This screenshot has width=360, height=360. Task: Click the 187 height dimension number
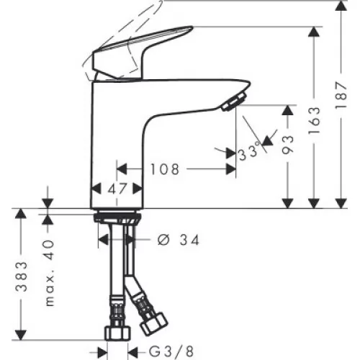[x=341, y=95]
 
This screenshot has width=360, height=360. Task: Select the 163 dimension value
[x=314, y=120]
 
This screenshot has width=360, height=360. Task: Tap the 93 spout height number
[x=288, y=145]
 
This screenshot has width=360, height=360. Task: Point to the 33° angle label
[x=249, y=152]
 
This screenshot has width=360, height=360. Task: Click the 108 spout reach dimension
[x=165, y=169]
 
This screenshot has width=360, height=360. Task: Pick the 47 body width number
[x=117, y=189]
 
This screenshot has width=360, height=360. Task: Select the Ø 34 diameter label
[x=179, y=240]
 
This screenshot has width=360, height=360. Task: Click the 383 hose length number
[x=22, y=276]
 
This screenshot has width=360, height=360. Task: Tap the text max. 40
[x=50, y=273]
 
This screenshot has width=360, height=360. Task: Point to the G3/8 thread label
[x=171, y=352]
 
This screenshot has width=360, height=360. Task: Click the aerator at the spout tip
[x=234, y=102]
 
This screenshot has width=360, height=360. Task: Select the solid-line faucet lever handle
[x=142, y=52]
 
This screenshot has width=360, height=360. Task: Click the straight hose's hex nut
[x=117, y=333]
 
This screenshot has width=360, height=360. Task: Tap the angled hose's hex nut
[x=153, y=323]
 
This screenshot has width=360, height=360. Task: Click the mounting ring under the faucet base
[x=117, y=216]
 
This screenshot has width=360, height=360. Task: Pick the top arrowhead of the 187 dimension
[x=341, y=5]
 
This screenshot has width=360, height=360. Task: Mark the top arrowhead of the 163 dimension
[x=314, y=32]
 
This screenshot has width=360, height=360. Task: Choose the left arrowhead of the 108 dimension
[x=122, y=169]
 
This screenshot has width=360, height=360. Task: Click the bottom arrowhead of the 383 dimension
[x=21, y=335]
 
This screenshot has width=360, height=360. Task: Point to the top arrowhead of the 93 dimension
[x=288, y=110]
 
